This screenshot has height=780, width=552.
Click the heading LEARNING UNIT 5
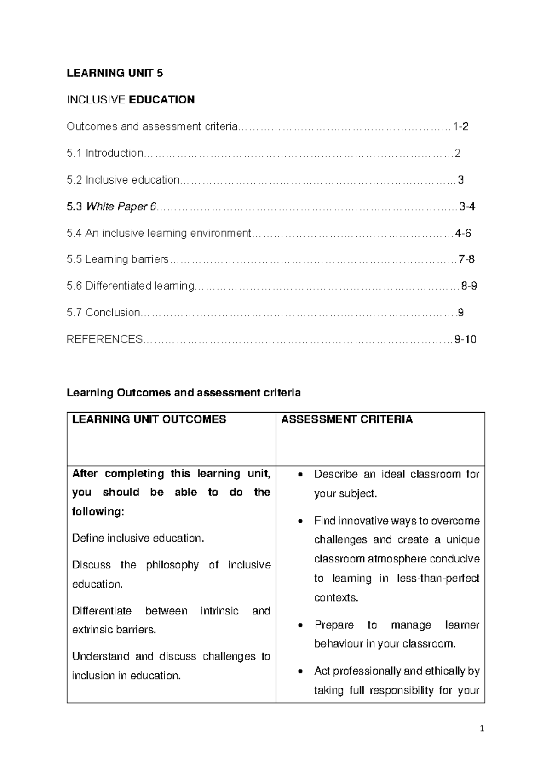click(115, 73)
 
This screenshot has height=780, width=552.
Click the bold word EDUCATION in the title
click(162, 100)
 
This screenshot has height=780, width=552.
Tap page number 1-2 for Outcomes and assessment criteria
click(460, 126)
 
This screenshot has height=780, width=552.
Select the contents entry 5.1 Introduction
click(105, 153)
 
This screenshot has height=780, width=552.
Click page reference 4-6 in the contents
click(463, 233)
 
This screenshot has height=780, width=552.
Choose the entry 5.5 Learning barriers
click(118, 259)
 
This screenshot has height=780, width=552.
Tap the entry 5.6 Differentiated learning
click(130, 286)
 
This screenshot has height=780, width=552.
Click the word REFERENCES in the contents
click(104, 339)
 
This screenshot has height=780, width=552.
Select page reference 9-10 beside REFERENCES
click(465, 339)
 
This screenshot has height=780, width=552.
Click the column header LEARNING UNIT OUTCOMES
click(149, 419)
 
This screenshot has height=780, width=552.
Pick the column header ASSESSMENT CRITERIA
click(347, 419)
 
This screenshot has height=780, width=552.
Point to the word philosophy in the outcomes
click(172, 565)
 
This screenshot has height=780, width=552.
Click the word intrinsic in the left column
click(219, 611)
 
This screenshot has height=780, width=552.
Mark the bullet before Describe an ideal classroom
click(300, 475)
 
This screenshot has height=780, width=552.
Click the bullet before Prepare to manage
click(300, 625)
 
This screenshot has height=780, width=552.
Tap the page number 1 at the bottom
click(482, 728)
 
